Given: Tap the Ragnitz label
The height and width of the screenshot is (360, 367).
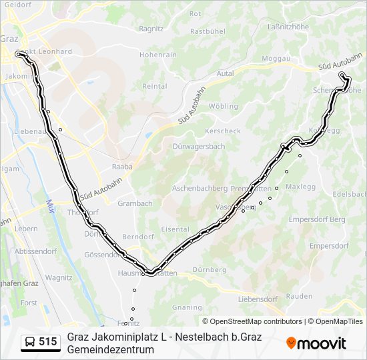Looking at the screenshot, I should pyautogui.click(x=151, y=29).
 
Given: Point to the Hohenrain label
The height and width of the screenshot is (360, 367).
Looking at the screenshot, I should pyautogui.click(x=157, y=55).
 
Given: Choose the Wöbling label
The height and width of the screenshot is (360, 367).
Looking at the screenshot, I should pyautogui.click(x=223, y=106).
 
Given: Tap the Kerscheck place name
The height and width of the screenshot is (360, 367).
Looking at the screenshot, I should pyautogui.click(x=223, y=131).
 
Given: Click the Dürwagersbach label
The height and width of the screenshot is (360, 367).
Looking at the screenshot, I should pyautogui.click(x=198, y=146).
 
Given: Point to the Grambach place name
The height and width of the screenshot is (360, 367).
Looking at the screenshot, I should pyautogui.click(x=135, y=203).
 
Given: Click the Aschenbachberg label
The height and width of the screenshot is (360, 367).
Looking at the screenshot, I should pyautogui.click(x=200, y=189).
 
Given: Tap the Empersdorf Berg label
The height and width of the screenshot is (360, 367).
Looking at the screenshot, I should pyautogui.click(x=317, y=219).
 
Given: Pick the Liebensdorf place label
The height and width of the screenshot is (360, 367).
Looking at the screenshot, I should pyautogui.click(x=257, y=299).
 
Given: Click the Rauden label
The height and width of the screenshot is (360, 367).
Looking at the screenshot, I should pyautogui.click(x=298, y=296).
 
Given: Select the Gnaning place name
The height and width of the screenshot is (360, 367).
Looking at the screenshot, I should pyautogui.click(x=186, y=307).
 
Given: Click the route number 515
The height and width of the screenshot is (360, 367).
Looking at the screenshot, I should pyautogui.click(x=47, y=342).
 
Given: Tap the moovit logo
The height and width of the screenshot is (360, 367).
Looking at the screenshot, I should pyautogui.click(x=316, y=343).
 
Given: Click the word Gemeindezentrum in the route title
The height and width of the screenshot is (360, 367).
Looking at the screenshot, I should pyautogui.click(x=110, y=349).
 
